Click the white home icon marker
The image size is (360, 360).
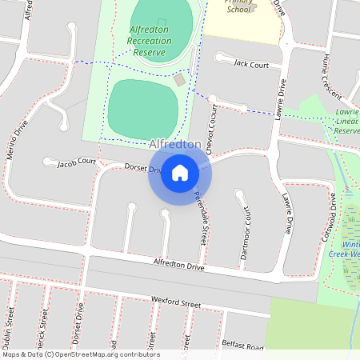(180, 172)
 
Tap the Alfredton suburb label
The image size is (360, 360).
(174, 144)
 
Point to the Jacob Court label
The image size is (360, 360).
(76, 163)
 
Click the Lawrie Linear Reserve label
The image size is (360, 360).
(346, 121)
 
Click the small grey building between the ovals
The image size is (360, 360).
(180, 79)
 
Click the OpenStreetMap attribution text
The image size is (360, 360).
(80, 354)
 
